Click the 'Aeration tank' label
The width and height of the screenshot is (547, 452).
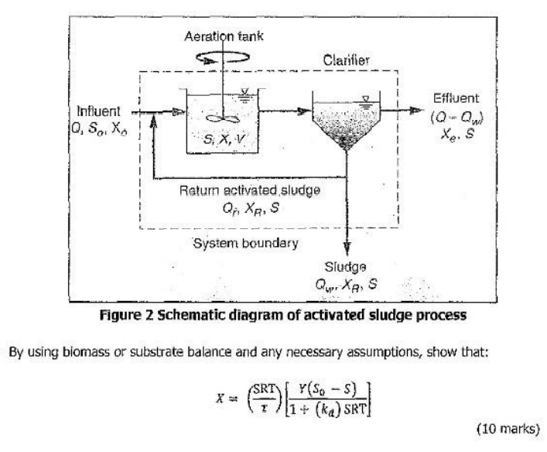pos(224,36)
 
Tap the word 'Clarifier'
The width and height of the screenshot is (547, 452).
pos(346,60)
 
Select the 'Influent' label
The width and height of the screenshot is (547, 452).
pos(98,111)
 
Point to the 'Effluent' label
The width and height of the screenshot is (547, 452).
pos(456,98)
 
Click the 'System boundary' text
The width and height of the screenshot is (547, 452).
pos(245,243)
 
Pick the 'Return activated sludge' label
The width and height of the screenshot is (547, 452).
pos(250,190)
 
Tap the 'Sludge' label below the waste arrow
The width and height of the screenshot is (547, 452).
pos(345,267)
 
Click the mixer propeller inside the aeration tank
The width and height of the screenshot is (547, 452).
pos(223,119)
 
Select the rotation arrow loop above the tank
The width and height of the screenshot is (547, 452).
pos(223,57)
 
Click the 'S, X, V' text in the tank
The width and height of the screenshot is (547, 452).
pos(224,139)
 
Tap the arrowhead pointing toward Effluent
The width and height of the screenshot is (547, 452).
pos(415,111)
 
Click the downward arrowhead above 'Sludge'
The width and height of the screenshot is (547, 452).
pos(347,247)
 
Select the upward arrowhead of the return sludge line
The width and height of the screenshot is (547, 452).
pos(152,122)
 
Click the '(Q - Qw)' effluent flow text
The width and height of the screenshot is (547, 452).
pos(456,118)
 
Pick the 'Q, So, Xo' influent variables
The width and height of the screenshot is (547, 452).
pos(99,128)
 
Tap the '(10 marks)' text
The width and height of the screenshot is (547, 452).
pos(508,428)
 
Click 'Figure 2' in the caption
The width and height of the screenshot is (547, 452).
pos(127,315)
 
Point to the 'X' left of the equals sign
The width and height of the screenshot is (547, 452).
pos(220,398)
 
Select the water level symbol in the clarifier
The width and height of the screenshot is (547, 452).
pos(366,101)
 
